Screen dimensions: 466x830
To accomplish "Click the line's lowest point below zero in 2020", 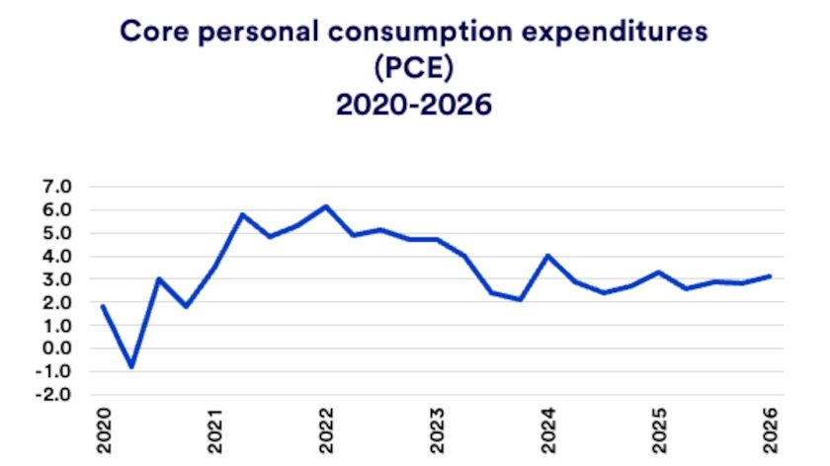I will [x=131, y=367].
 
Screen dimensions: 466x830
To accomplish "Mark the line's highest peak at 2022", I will [x=326, y=206].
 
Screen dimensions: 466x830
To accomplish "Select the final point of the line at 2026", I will [x=771, y=276].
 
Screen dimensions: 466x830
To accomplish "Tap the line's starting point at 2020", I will [x=103, y=306].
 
